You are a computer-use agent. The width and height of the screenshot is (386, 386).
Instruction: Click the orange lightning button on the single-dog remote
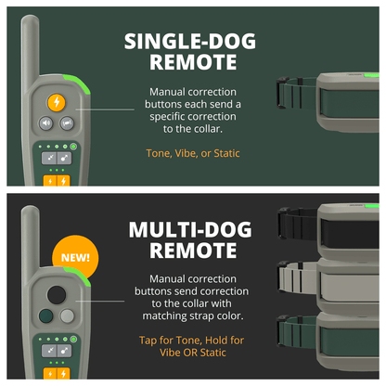58,101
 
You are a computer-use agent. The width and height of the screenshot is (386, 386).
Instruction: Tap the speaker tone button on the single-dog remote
45,122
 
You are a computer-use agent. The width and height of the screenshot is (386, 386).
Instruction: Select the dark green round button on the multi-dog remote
47,315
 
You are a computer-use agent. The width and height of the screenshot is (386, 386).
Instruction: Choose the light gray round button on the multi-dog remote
67,315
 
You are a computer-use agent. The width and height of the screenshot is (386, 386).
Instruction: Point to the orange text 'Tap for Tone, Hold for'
192,339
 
